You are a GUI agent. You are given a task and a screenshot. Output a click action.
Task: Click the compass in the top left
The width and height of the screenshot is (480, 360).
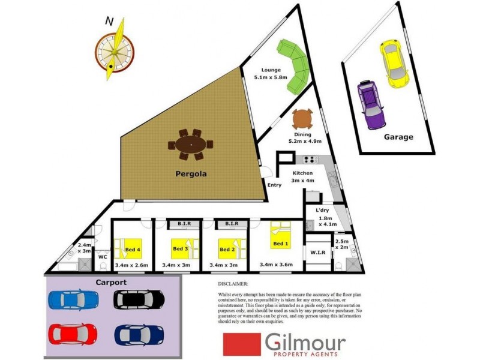point(114,49)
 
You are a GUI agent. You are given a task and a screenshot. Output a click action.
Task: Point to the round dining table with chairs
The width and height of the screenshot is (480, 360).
point(302,119)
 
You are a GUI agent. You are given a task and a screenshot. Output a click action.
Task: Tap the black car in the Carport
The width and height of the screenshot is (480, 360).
point(139,298)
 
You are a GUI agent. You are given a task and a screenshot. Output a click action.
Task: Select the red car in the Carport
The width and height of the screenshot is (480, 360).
point(71,332)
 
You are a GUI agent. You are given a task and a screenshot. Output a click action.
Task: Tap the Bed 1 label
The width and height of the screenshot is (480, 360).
point(281,244)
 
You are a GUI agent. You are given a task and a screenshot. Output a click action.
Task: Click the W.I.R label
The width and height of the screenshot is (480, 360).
point(317,253)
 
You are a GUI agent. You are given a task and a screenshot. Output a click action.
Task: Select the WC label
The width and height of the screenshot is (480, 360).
point(102,256)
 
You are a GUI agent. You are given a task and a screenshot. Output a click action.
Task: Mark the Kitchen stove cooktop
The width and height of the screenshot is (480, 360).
point(310,160)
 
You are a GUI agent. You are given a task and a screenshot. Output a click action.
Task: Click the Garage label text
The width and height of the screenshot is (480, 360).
point(398,137)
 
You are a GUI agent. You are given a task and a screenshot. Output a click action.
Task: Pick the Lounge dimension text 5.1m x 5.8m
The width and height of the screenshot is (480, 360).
point(271,77)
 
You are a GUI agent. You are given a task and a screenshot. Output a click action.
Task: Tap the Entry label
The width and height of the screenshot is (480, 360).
point(274,185)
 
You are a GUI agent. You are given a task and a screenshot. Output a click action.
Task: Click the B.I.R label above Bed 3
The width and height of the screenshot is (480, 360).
point(184,224)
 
